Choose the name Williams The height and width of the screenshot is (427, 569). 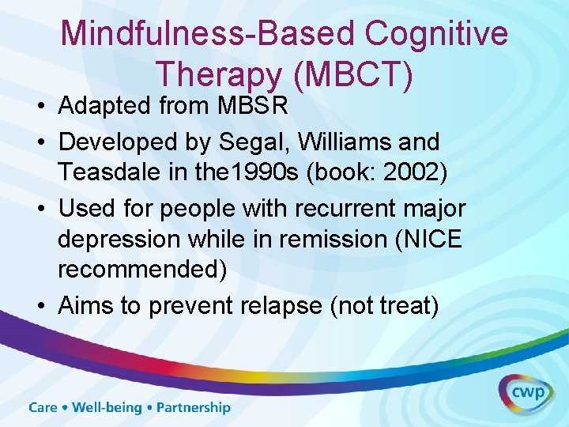pos(356,143)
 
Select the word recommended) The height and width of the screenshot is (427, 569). pos(142,268)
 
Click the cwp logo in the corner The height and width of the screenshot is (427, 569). pos(526,394)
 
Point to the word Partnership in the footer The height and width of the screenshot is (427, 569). pos(194,408)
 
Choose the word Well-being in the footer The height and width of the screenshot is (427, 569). pos(107,408)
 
